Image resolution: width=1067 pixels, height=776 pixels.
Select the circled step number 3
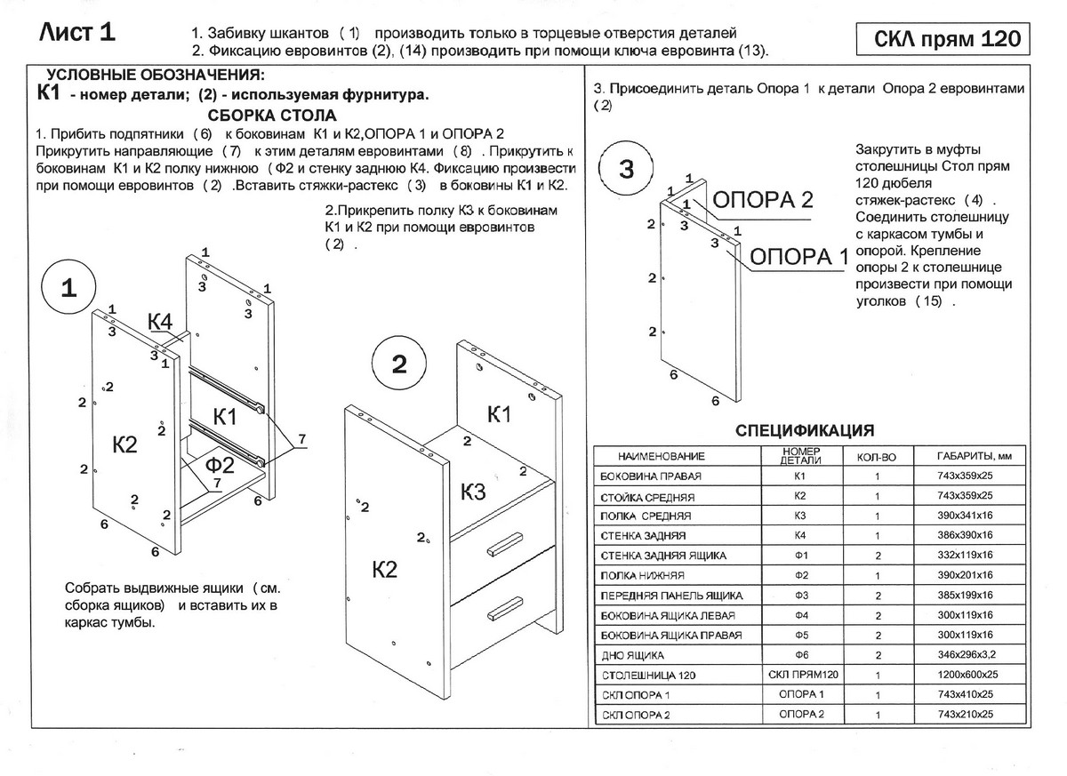pyautogui.click(x=626, y=169)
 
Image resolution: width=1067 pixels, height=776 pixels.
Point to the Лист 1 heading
pyautogui.click(x=78, y=33)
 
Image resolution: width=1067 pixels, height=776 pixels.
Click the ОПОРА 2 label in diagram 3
pyautogui.click(x=764, y=198)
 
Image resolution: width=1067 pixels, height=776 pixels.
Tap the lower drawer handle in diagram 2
pyautogui.click(x=502, y=608)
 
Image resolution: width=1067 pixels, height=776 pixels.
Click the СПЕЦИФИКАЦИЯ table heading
pyautogui.click(x=805, y=430)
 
